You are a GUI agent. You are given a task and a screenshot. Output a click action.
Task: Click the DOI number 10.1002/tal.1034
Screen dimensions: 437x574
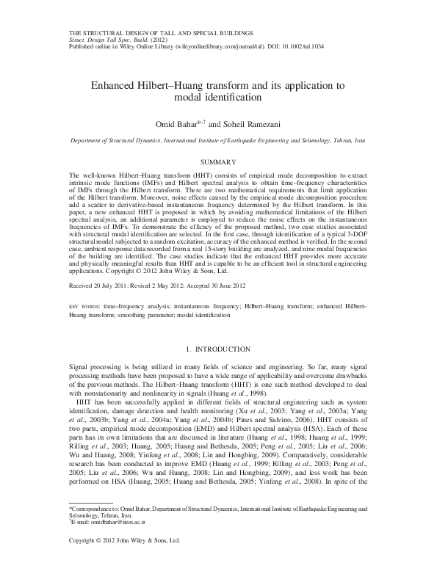tap(299, 46)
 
